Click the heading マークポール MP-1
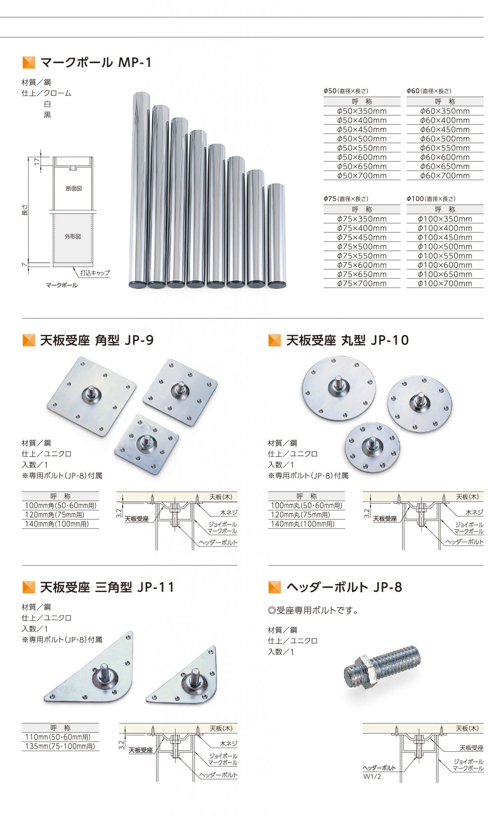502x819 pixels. coord(96,63)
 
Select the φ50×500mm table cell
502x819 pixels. coord(362,139)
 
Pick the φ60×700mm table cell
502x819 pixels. coord(445,176)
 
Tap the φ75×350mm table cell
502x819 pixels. coord(362,219)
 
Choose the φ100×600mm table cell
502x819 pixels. coord(445,265)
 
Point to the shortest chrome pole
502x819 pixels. coord(276,236)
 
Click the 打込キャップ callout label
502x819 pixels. coord(95,273)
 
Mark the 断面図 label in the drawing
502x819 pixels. coord(74,188)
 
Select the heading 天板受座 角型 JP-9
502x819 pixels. coord(97,340)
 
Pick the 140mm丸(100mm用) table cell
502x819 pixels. coord(302,524)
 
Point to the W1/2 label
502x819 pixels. coord(372,777)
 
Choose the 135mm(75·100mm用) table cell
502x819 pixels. coord(60,746)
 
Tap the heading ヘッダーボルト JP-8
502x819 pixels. coord(344,587)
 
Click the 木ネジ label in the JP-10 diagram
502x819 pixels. coord(474,512)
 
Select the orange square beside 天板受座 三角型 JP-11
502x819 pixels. coord(29,587)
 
